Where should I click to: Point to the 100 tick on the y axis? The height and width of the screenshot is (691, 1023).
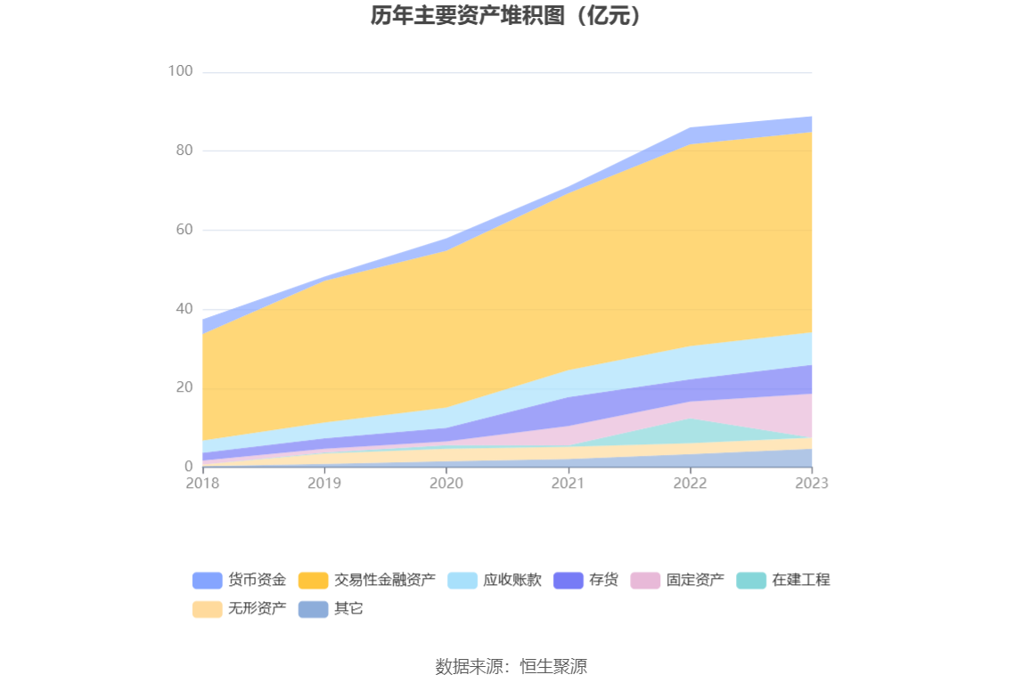(x=181, y=71)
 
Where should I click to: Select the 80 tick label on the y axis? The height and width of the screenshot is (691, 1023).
(x=184, y=150)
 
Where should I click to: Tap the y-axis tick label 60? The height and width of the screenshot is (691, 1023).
(x=184, y=230)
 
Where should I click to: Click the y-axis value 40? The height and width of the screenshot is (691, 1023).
(x=184, y=309)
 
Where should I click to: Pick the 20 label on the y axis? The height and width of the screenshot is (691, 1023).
(x=184, y=387)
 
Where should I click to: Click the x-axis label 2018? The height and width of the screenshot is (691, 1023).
(x=203, y=483)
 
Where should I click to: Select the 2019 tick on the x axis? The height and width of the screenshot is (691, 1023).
(x=324, y=483)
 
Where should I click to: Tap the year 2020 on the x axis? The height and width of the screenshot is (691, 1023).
(x=446, y=483)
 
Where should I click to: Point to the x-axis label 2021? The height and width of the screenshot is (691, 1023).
(x=569, y=483)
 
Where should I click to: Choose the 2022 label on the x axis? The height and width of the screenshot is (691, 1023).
(x=690, y=483)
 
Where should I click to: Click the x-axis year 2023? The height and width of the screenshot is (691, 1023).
(x=811, y=483)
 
